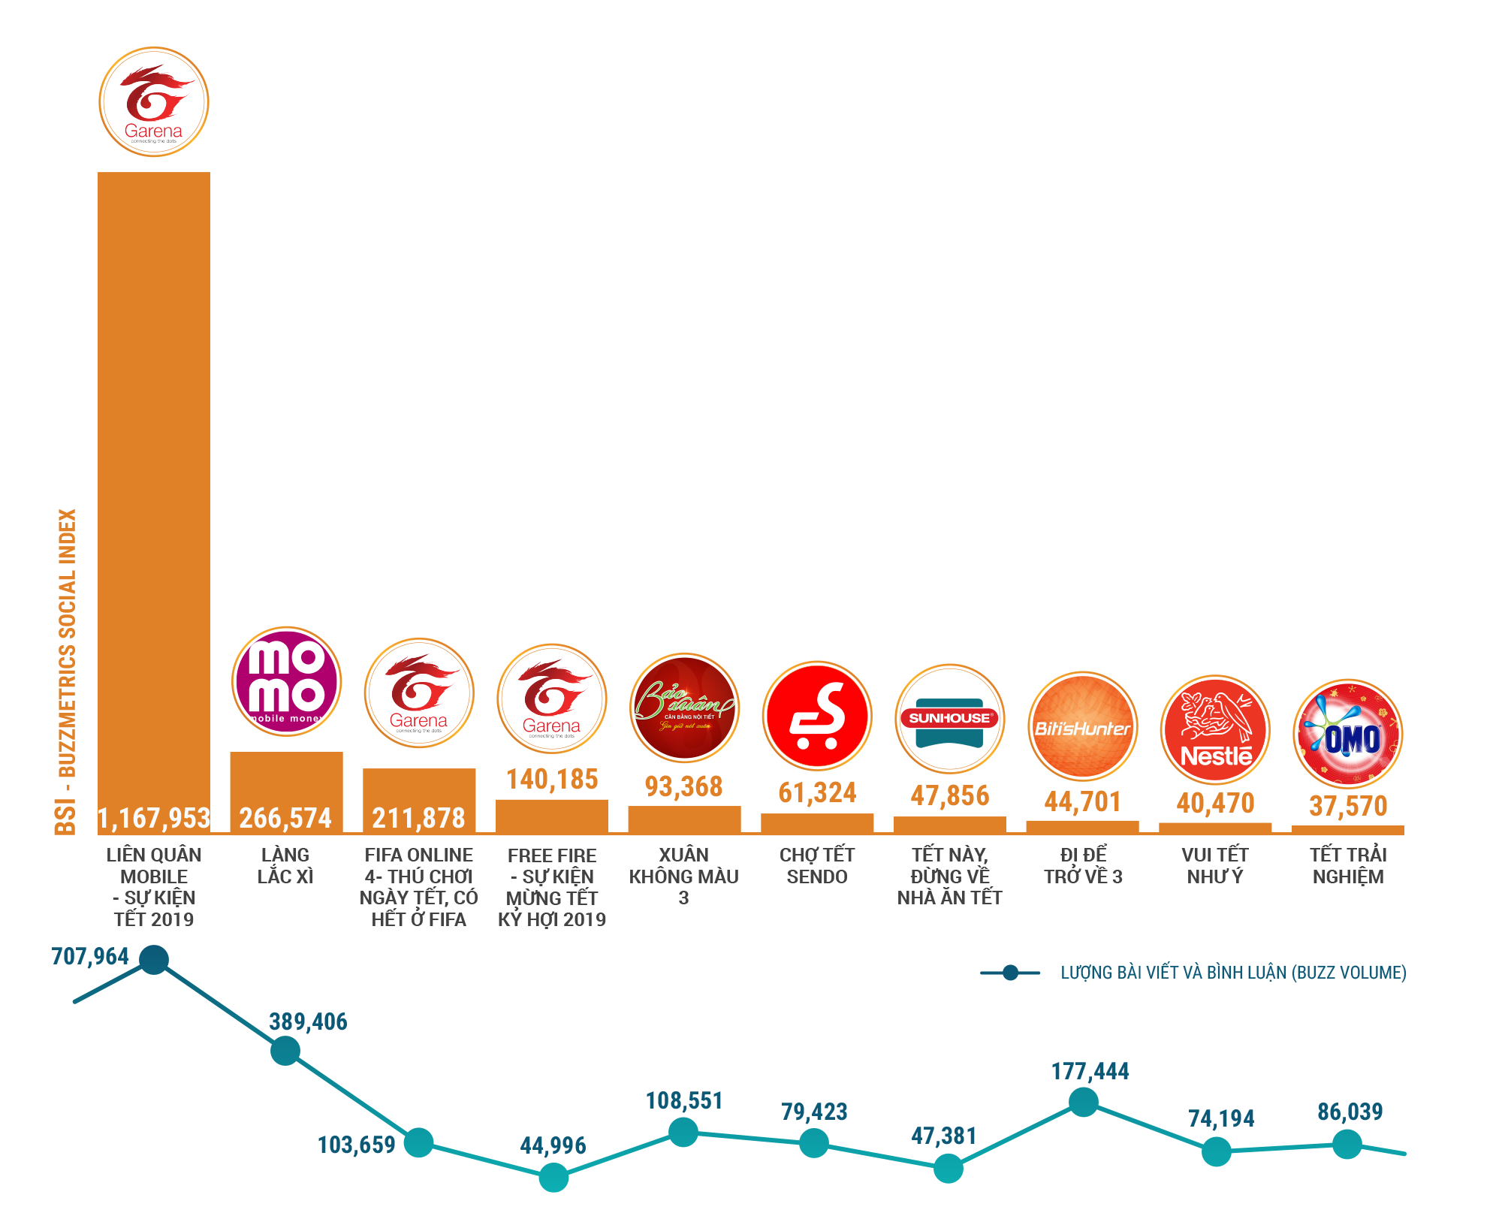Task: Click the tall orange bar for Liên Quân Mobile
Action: pyautogui.click(x=154, y=488)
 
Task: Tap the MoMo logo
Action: pyautogui.click(x=286, y=681)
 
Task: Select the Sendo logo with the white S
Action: pyautogui.click(x=817, y=716)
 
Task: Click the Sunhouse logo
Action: pyautogui.click(x=950, y=719)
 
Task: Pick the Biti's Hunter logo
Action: pyautogui.click(x=1082, y=726)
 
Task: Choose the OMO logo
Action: pyautogui.click(x=1348, y=734)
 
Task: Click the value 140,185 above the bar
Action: pyautogui.click(x=552, y=780)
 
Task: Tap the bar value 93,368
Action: pyautogui.click(x=684, y=787)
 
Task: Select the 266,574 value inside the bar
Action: pyautogui.click(x=286, y=818)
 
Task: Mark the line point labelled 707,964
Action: pyautogui.click(x=154, y=960)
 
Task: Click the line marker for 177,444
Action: pyautogui.click(x=1083, y=1102)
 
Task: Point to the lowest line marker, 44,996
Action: pyautogui.click(x=553, y=1177)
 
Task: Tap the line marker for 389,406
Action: pyautogui.click(x=285, y=1050)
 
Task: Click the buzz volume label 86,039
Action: pyautogui.click(x=1350, y=1112)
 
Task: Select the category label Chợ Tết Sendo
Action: pyautogui.click(x=817, y=866)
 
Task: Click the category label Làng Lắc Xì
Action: pyautogui.click(x=285, y=866)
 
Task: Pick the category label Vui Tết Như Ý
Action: pyautogui.click(x=1215, y=866)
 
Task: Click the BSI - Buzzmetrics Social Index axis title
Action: pyautogui.click(x=66, y=672)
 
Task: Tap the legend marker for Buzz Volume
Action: pyautogui.click(x=1010, y=973)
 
